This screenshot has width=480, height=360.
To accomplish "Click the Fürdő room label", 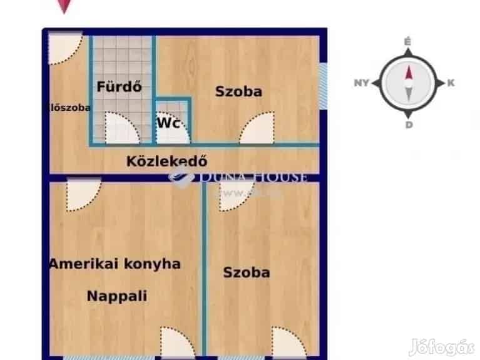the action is click(x=119, y=87).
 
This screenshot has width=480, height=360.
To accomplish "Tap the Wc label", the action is click(x=170, y=123).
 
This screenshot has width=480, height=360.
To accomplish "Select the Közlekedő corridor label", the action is click(x=166, y=162).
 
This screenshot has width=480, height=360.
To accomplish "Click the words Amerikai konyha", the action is click(x=115, y=264).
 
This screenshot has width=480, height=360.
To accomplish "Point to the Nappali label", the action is click(x=117, y=296).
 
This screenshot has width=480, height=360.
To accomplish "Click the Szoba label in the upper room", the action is click(x=238, y=91).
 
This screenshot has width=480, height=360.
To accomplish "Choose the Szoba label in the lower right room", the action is click(x=247, y=272).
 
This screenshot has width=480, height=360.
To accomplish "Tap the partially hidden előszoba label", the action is click(x=69, y=107).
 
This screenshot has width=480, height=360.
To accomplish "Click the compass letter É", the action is click(x=407, y=42).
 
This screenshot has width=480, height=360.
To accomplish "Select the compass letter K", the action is click(x=451, y=83).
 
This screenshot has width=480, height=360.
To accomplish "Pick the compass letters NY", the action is click(x=361, y=83).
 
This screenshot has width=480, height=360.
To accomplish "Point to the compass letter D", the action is click(x=408, y=124).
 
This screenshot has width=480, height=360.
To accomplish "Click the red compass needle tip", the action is click(x=408, y=72).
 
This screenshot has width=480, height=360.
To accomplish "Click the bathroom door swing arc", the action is click(x=121, y=128).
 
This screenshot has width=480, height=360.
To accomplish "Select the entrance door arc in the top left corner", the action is click(x=65, y=48).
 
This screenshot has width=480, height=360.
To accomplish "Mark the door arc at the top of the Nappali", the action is click(x=83, y=194).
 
